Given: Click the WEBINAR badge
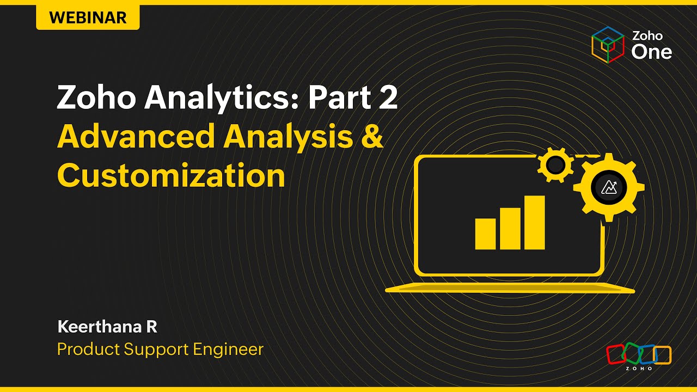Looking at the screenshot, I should [88, 17].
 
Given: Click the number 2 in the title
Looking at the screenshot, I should [387, 98].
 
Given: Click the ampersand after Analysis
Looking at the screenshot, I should [372, 137].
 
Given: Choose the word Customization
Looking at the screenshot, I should [171, 176].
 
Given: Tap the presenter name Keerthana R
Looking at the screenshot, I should [107, 327].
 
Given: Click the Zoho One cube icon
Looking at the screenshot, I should [608, 44].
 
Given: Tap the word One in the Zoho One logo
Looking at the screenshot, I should [651, 52].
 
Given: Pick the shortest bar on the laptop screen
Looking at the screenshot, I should [485, 234].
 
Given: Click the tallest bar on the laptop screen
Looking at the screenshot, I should [534, 222].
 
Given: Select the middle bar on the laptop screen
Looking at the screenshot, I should [510, 228].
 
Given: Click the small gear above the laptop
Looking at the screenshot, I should [554, 165].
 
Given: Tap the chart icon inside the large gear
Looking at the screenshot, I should [609, 187].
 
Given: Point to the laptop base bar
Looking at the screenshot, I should [510, 288].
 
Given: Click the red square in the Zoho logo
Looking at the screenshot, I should [616, 354].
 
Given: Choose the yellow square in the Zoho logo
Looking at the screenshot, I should [663, 354].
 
